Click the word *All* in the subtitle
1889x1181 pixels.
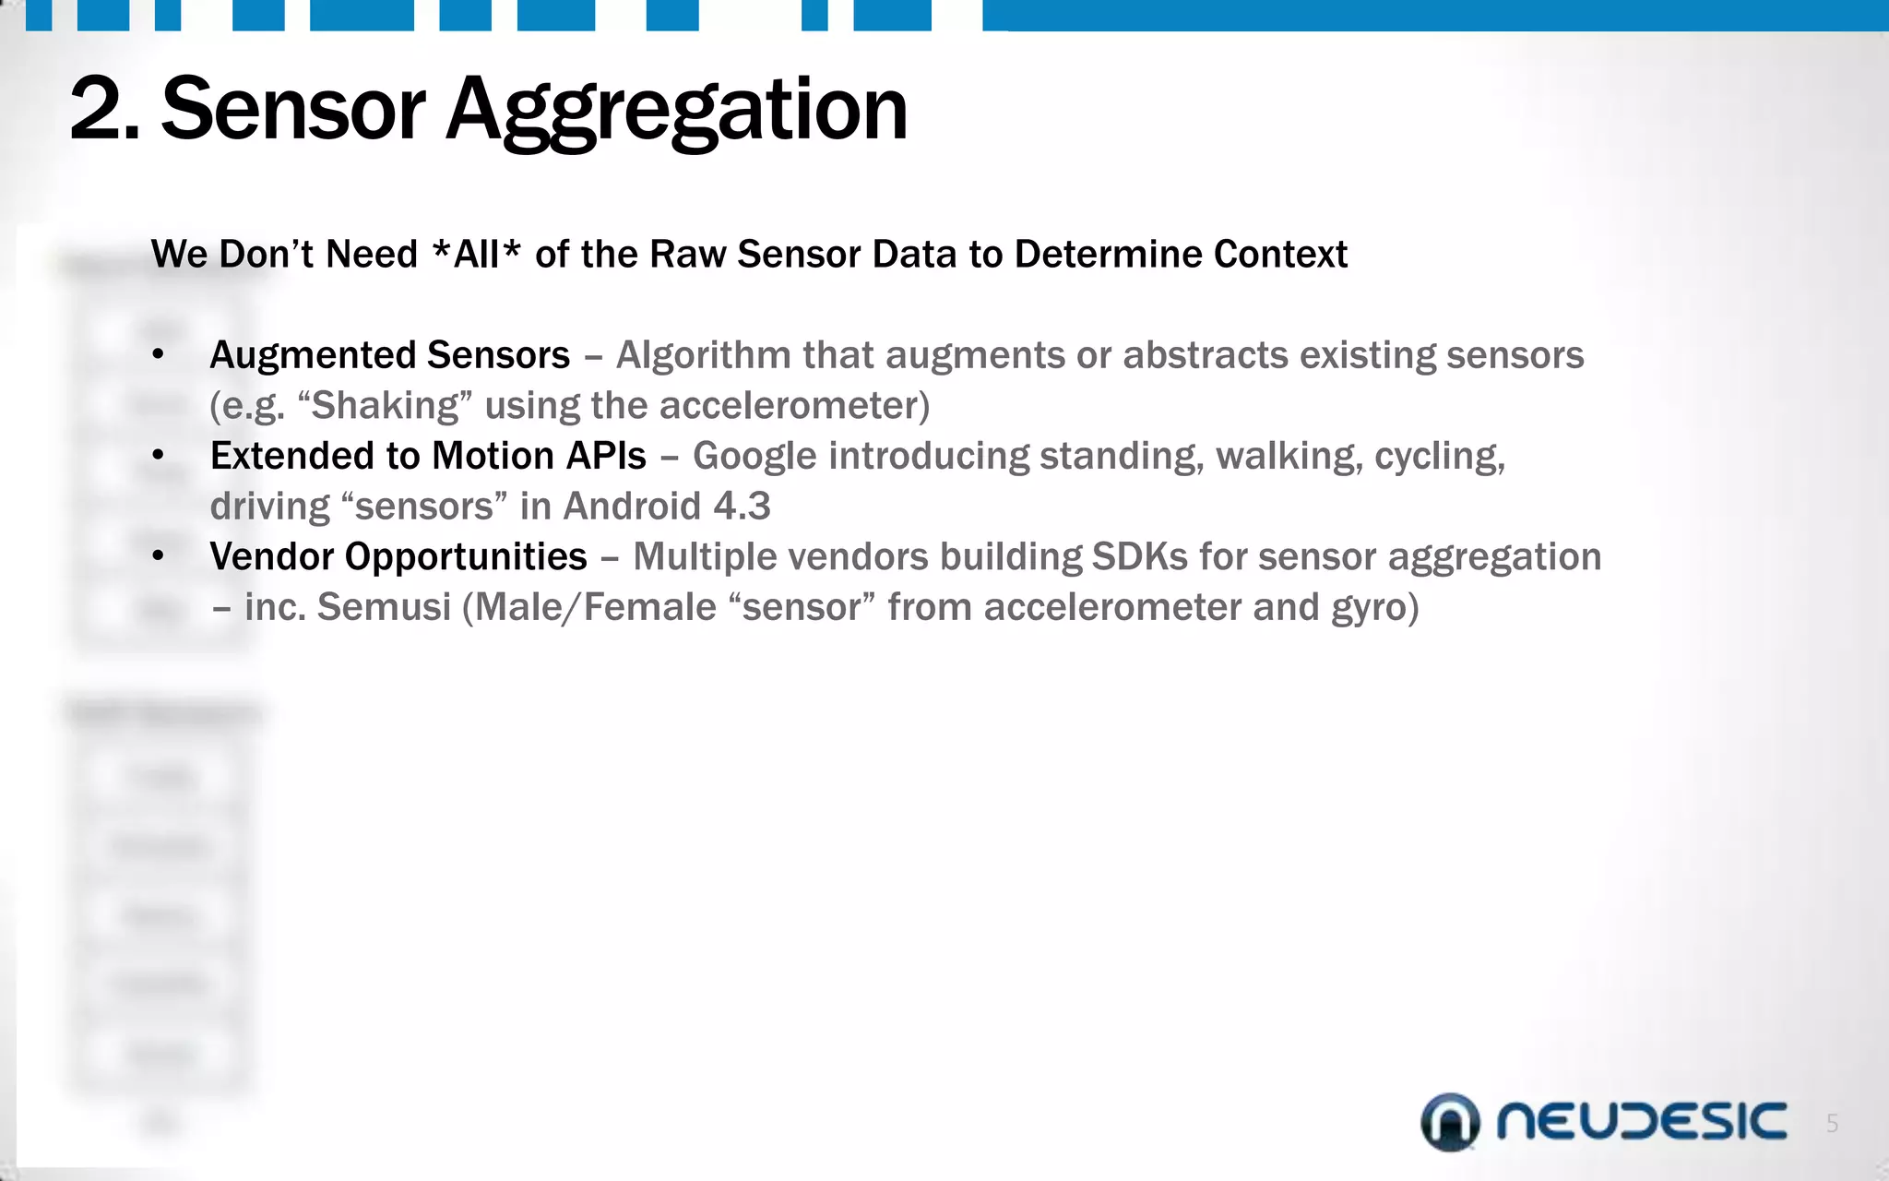(477, 254)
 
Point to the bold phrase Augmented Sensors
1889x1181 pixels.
(389, 355)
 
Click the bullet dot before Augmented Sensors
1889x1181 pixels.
(159, 355)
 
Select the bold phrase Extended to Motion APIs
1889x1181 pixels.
(428, 456)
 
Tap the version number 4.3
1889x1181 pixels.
(742, 507)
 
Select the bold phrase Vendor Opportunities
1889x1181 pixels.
(398, 556)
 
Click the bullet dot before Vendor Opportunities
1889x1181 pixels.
(159, 556)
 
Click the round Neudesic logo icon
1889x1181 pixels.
(1449, 1122)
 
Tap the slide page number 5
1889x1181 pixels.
(1832, 1124)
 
